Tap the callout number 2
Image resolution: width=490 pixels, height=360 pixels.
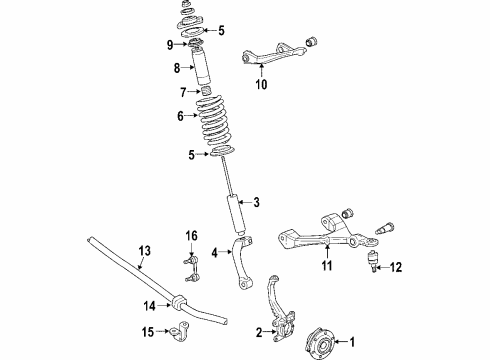point(257,332)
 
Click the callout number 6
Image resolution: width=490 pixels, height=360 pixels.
point(181,116)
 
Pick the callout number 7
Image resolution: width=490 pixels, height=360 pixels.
point(182,91)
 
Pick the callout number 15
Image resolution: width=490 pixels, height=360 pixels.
point(149,332)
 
